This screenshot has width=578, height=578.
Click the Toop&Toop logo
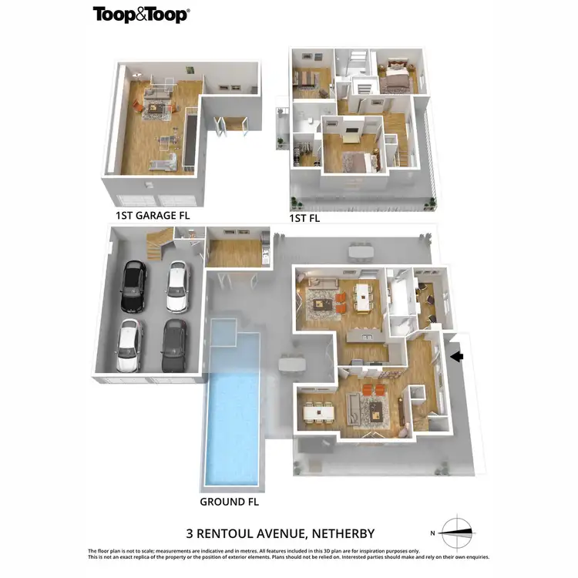pos(141,14)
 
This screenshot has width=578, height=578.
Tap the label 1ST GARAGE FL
pos(152,215)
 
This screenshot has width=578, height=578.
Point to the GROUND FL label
pos(229,501)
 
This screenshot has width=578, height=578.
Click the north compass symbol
pos(456,533)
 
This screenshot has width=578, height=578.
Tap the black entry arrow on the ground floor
pos(456,356)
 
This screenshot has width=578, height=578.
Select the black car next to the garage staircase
pos(133,286)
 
